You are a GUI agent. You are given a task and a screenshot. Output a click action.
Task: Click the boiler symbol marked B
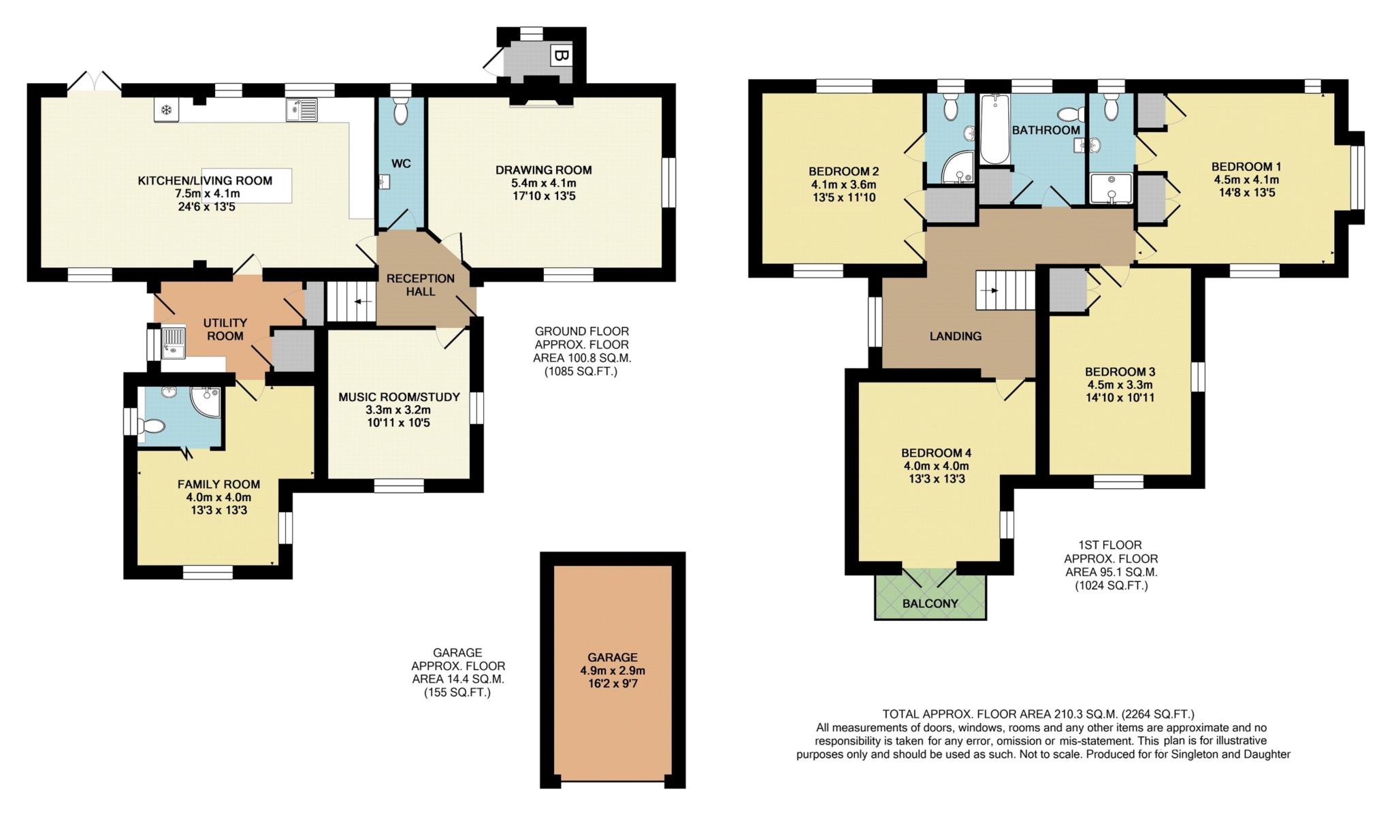[x=560, y=57]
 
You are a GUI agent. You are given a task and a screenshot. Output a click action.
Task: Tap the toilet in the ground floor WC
[x=401, y=110]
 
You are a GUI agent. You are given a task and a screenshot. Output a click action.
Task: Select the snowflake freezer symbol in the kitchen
[x=166, y=110]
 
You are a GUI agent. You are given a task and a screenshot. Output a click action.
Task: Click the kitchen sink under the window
[x=302, y=110]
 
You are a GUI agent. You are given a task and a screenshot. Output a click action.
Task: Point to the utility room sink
[x=174, y=342]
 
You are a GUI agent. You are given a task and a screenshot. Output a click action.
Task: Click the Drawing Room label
[x=543, y=170]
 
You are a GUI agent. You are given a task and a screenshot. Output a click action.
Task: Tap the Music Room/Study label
[x=399, y=397]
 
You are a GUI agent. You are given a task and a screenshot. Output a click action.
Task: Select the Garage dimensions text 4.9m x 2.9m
[x=613, y=671]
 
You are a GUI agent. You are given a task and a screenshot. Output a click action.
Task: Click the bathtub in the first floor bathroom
[x=994, y=129]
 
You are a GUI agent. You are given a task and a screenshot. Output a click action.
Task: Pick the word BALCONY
[x=930, y=604]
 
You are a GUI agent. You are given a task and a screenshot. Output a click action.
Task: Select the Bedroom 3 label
[x=1120, y=372]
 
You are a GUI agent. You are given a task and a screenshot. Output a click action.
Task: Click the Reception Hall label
[x=420, y=285]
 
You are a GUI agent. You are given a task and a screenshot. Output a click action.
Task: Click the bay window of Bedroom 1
[x=1357, y=178]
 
